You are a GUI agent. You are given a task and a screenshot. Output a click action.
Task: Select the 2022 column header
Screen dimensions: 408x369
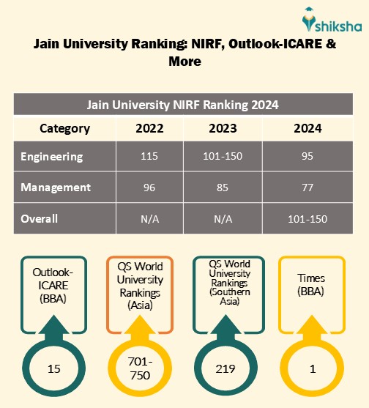click(149, 128)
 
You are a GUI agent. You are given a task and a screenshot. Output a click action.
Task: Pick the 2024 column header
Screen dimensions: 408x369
click(307, 128)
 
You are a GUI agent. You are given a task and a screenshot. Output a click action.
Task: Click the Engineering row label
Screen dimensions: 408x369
click(52, 157)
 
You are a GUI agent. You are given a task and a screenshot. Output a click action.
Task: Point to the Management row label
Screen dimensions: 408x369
click(56, 188)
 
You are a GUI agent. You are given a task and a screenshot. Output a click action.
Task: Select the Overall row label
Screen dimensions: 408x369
click(40, 218)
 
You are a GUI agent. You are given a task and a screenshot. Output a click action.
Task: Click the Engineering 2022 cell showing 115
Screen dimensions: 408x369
click(149, 157)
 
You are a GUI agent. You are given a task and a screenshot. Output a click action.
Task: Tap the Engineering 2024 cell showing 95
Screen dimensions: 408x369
click(307, 157)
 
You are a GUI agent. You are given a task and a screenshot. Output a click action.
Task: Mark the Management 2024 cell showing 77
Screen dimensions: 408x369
click(307, 188)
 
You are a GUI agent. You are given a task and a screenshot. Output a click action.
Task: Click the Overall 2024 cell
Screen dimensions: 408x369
click(307, 218)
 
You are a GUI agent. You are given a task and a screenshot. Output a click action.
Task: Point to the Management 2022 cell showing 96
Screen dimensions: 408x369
click(149, 188)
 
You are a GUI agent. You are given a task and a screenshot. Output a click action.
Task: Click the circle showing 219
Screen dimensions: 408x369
click(225, 369)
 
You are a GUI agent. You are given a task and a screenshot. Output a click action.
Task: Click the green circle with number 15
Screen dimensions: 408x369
click(53, 369)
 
